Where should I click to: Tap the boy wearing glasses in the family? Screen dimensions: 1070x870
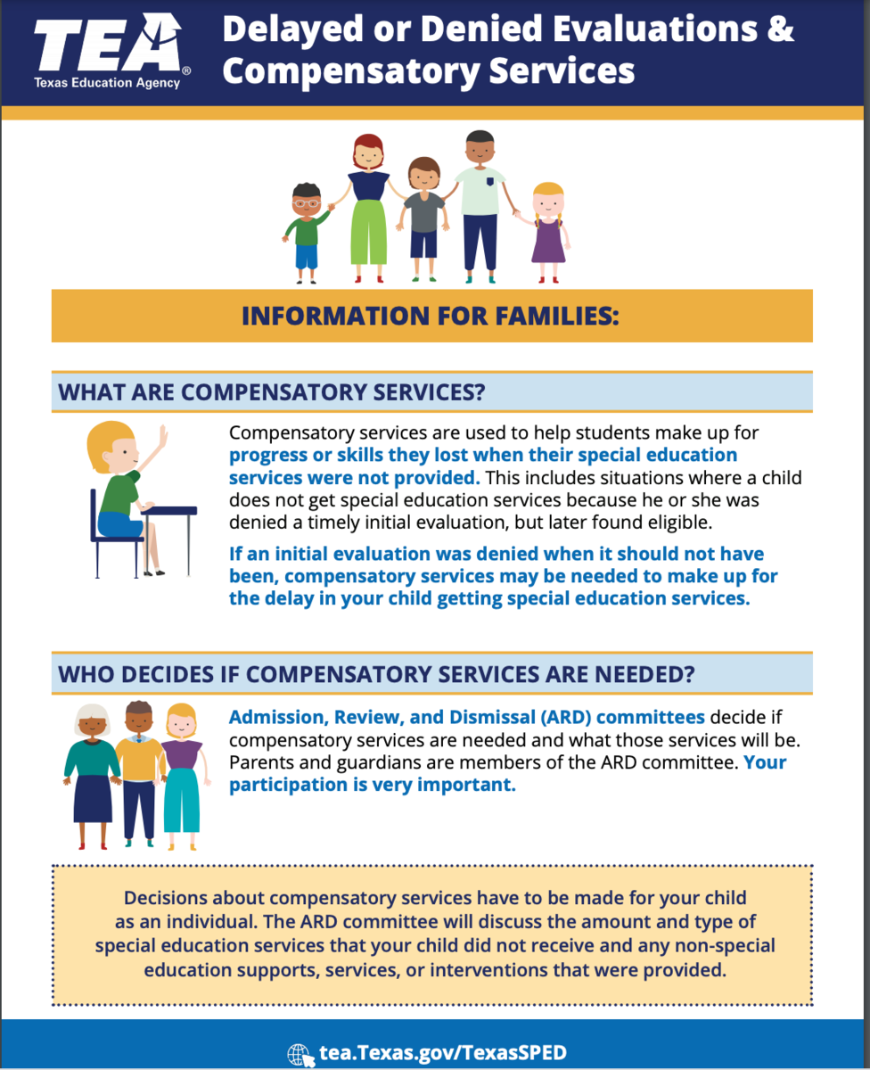[x=307, y=230]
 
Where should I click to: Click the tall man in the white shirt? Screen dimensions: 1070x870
[x=480, y=205]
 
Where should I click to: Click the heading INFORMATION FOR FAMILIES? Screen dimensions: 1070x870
[x=431, y=316]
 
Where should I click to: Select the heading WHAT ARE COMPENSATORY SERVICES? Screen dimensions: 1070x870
[x=271, y=392]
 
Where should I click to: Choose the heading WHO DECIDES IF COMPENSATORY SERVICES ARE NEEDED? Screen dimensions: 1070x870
[x=376, y=674]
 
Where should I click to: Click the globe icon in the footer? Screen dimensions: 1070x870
[x=300, y=1053]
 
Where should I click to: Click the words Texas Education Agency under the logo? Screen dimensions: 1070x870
[x=107, y=83]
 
